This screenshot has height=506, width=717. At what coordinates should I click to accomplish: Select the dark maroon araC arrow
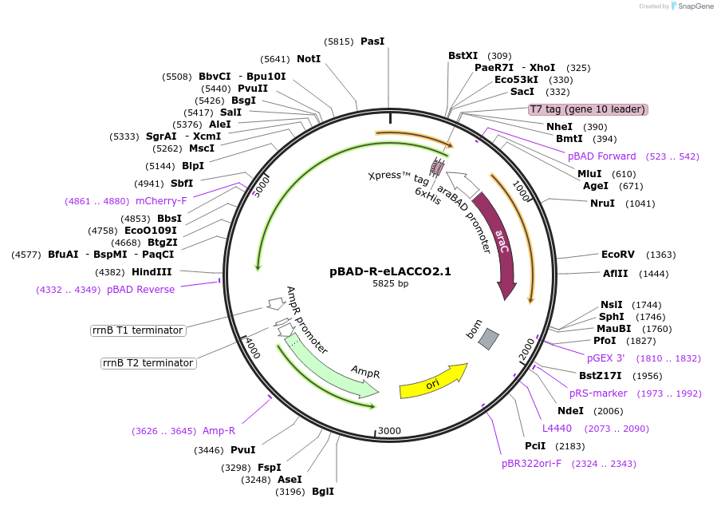pos(499,238)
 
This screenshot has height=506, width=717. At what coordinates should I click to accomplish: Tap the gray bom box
pos(488,339)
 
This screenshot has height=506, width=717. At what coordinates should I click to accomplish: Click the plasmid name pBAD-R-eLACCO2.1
pos(390,271)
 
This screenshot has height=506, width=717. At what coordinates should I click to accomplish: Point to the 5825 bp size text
pos(391,283)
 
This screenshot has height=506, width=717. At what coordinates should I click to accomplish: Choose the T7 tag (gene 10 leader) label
pos(588,109)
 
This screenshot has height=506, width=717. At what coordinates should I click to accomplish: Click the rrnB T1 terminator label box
pos(138,330)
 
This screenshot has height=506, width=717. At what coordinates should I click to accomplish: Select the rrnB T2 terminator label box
pos(148,363)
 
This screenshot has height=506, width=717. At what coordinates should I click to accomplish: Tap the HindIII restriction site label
pos(152,272)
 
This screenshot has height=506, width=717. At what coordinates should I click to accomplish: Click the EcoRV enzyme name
pos(618,255)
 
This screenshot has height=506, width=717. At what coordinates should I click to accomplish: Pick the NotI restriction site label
pos(309,59)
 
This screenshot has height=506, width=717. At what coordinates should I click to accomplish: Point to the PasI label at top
pos(372,42)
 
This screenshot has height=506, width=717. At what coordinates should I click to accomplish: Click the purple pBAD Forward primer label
pos(602,156)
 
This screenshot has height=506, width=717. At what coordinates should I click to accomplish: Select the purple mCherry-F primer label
pos(161,201)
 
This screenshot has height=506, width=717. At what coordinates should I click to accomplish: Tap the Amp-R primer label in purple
pos(219,431)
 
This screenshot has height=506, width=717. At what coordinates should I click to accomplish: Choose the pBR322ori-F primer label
pos(531,464)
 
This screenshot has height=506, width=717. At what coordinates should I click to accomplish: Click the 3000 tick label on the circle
pos(389,431)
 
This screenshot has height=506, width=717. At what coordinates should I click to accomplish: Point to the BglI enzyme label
pos(323,492)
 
